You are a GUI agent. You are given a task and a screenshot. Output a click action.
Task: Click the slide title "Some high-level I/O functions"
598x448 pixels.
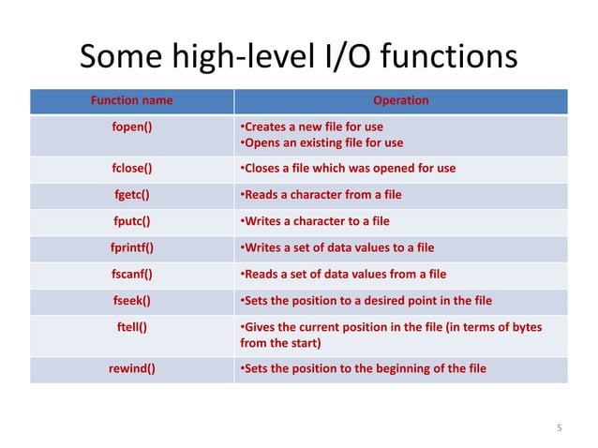[x=298, y=58]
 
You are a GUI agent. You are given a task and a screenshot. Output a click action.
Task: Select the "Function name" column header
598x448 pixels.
[x=131, y=100]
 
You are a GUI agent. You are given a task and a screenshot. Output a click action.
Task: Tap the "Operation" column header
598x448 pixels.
[x=400, y=100]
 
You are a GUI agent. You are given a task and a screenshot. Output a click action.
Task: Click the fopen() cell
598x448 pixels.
[x=131, y=127]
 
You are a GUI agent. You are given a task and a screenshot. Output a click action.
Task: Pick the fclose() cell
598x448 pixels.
[x=131, y=169]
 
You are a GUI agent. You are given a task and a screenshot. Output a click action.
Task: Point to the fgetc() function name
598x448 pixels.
[x=131, y=195]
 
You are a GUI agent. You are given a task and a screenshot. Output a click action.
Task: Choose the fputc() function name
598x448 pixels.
[x=131, y=221]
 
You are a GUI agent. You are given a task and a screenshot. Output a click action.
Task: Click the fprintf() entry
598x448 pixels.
[x=131, y=247]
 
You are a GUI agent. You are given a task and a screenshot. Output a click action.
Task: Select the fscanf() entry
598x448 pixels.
[x=131, y=274]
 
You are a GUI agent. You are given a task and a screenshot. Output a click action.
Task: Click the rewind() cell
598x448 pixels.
[x=131, y=368]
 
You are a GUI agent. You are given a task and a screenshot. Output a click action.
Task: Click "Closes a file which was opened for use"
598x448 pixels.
[x=347, y=169]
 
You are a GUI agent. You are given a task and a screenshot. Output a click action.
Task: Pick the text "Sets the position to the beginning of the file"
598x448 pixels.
[x=364, y=368]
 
